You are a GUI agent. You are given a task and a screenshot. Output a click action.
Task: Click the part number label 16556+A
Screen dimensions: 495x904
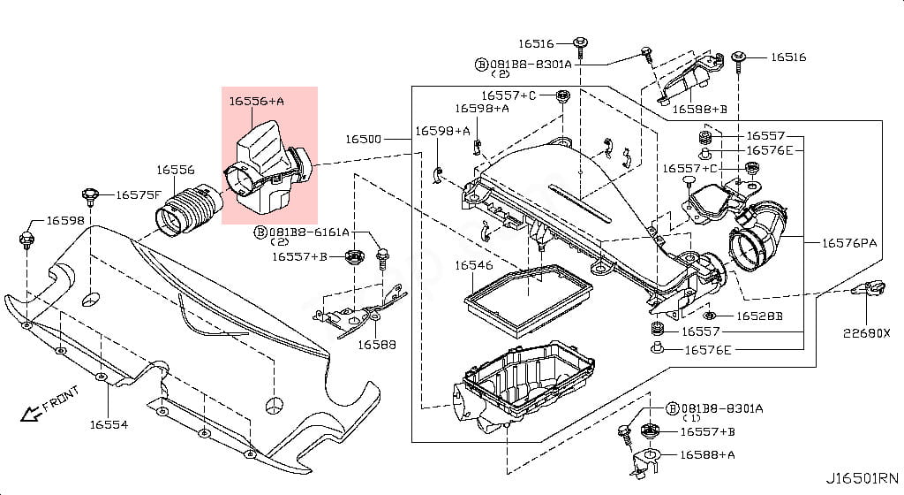pyautogui.click(x=257, y=102)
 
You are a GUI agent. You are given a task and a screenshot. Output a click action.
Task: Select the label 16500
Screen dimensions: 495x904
pyautogui.click(x=363, y=140)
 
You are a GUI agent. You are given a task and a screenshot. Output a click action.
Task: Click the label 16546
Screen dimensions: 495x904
pyautogui.click(x=474, y=264)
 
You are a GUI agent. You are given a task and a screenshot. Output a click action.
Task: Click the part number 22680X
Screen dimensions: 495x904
pyautogui.click(x=865, y=332)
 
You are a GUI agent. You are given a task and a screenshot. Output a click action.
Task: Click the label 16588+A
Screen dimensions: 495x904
pyautogui.click(x=707, y=454)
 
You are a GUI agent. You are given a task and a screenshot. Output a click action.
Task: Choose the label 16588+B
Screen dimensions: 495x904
pyautogui.click(x=700, y=109)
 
